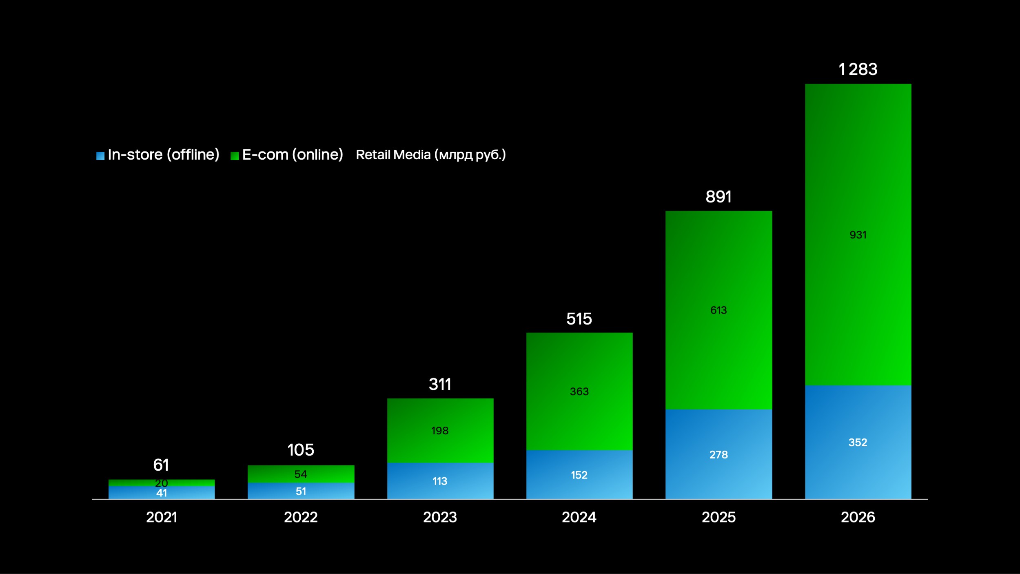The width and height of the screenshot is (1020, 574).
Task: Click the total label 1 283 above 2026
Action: click(x=858, y=69)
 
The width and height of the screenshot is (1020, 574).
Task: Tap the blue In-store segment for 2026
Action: click(x=858, y=461)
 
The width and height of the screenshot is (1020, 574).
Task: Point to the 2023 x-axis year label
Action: click(x=440, y=517)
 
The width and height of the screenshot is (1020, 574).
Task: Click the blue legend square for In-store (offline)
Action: click(x=100, y=156)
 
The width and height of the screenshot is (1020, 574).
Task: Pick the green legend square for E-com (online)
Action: click(x=235, y=156)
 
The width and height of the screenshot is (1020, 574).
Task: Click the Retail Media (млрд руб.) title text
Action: click(x=430, y=155)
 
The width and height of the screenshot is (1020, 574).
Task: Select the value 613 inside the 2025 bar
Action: click(x=718, y=310)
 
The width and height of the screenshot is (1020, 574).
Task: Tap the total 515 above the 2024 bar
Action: click(x=579, y=319)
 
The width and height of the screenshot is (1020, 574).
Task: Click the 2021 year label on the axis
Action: click(x=162, y=517)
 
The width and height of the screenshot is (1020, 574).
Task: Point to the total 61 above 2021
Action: click(x=161, y=465)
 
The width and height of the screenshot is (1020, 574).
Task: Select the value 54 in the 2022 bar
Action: click(x=301, y=474)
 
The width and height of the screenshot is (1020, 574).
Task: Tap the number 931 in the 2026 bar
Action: click(x=858, y=235)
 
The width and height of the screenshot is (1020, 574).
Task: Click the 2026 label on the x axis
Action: click(x=858, y=517)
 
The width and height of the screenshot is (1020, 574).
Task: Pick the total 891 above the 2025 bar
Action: click(x=718, y=197)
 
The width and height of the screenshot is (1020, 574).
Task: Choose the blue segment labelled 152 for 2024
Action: click(x=579, y=475)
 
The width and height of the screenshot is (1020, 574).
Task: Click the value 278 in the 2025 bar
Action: click(x=718, y=454)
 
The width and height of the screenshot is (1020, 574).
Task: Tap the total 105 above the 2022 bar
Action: click(x=301, y=450)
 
